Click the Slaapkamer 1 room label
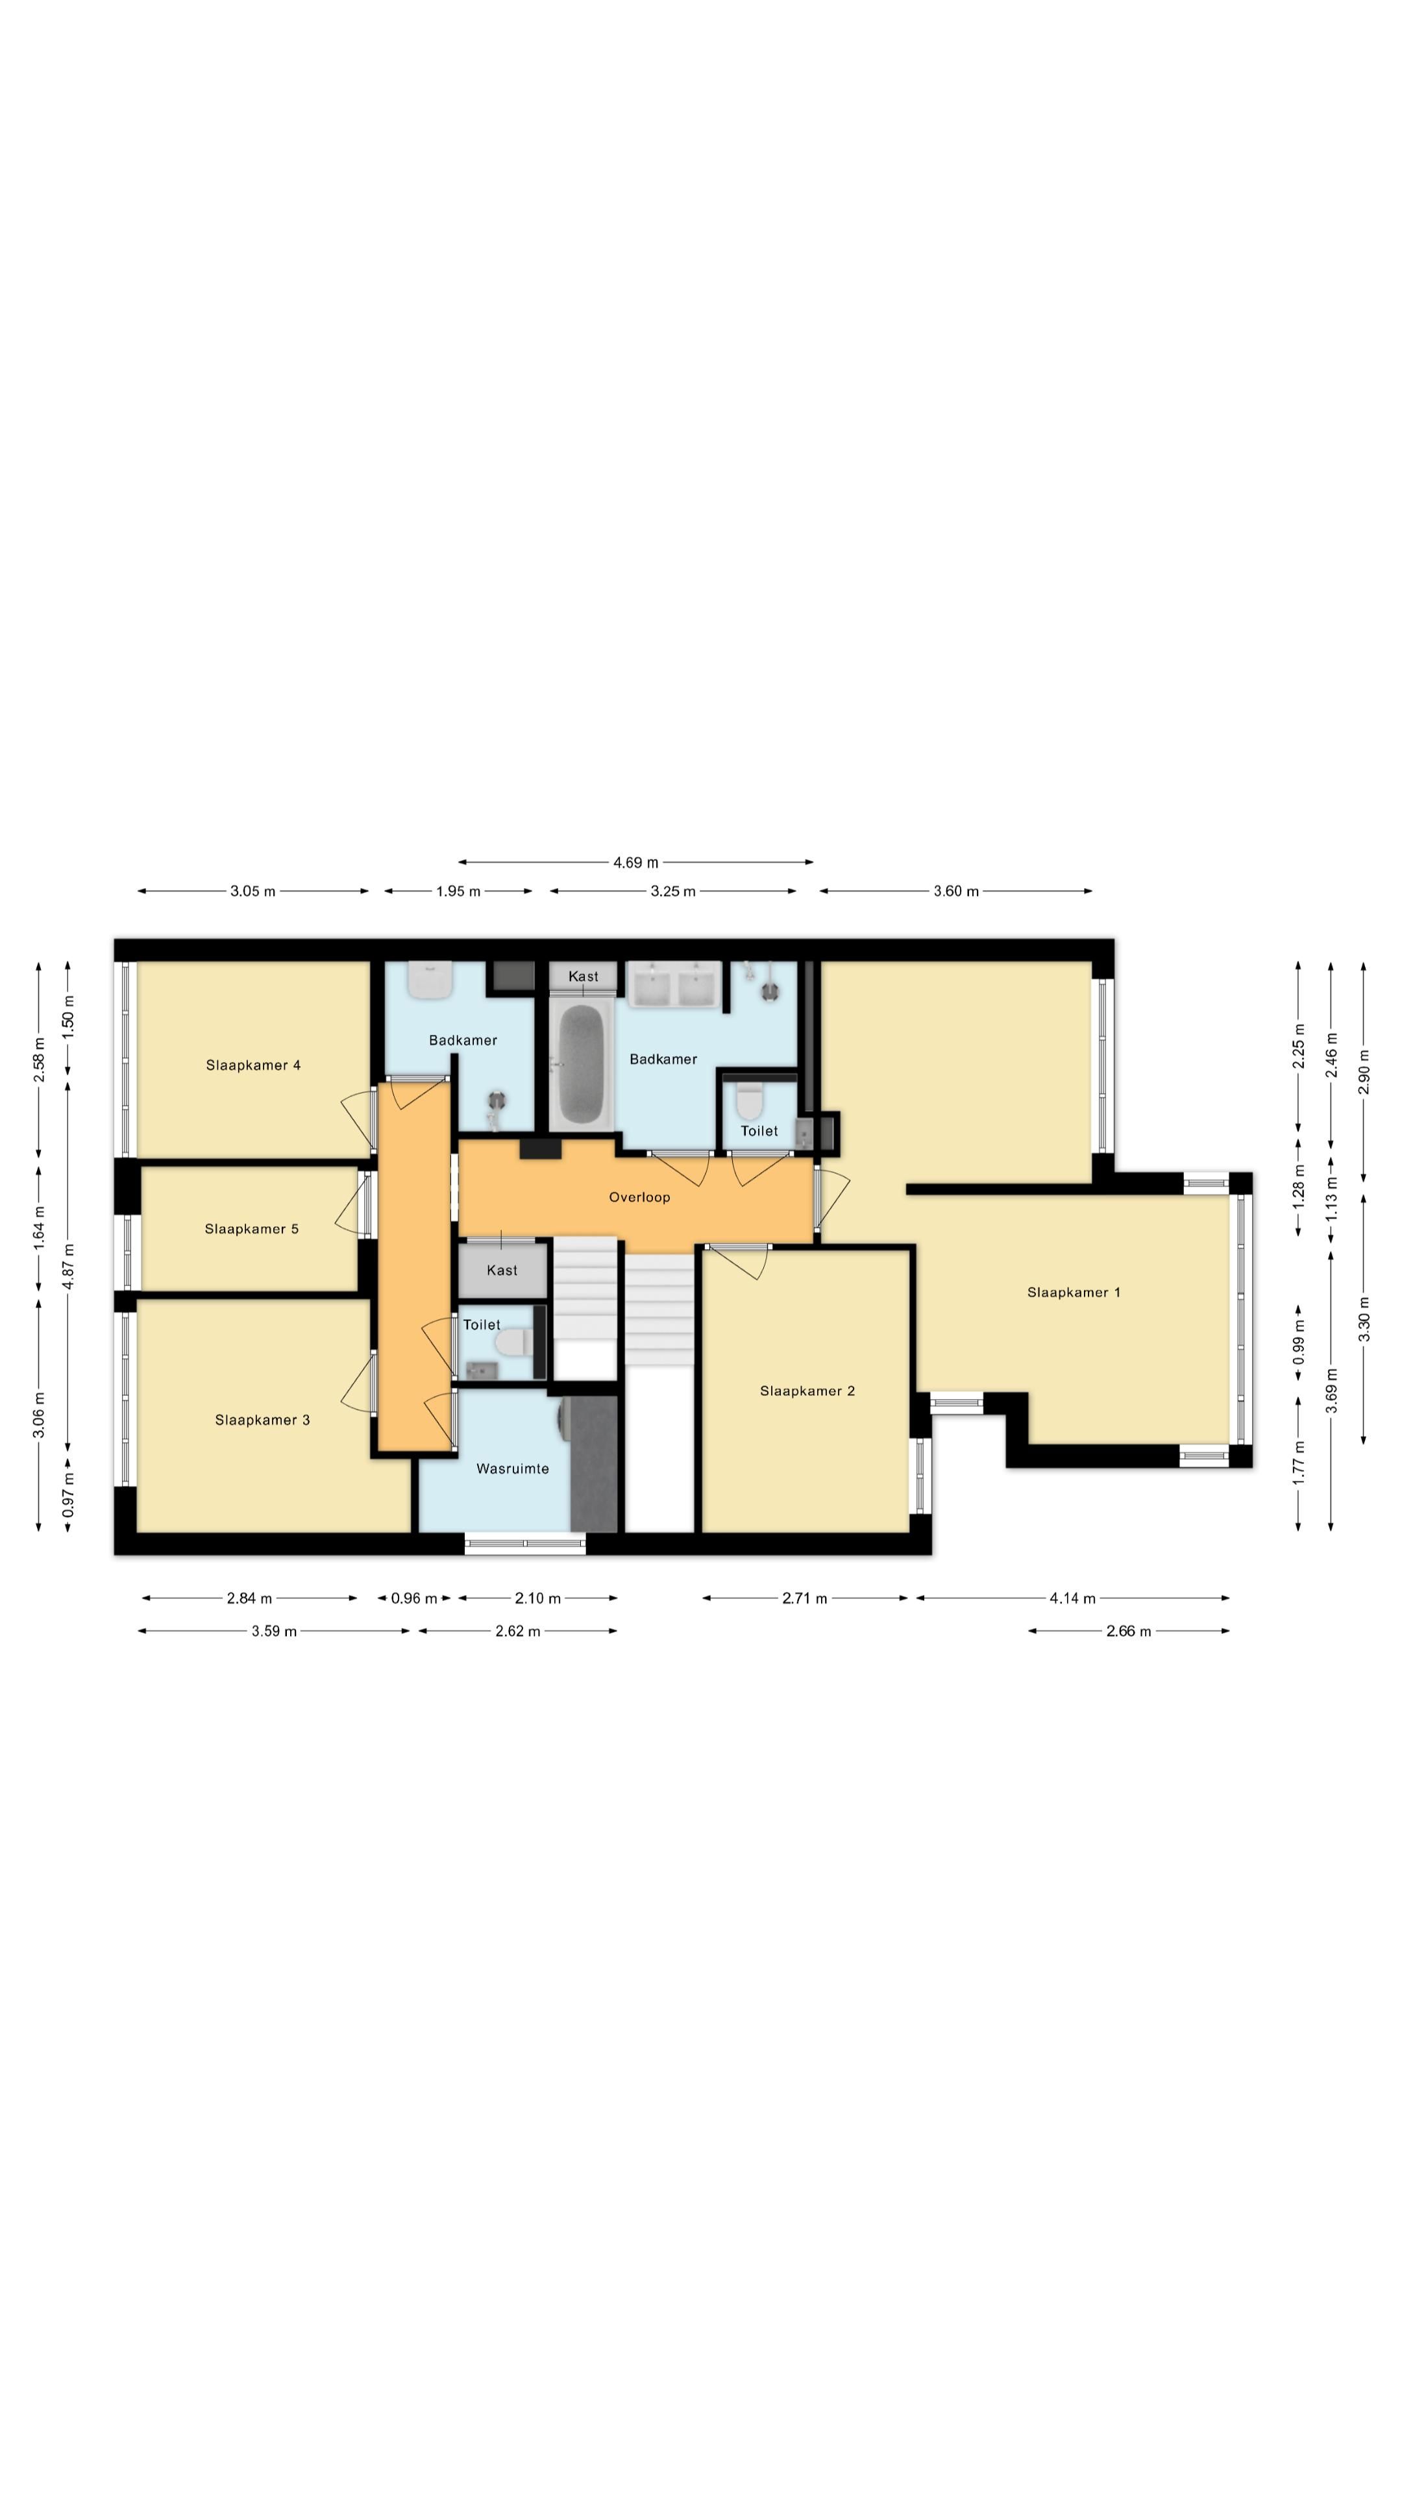tap(1073, 1292)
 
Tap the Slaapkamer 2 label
tap(807, 1391)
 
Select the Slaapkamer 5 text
tap(252, 1229)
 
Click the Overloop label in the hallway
tap(639, 1197)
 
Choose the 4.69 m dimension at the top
tap(635, 862)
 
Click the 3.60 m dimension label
tap(956, 891)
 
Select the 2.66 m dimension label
tap(1128, 1631)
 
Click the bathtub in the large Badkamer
tap(582, 1060)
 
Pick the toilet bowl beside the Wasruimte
tap(511, 1343)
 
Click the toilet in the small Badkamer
tap(430, 980)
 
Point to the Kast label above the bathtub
tap(584, 976)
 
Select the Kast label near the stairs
tap(502, 1271)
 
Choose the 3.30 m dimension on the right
tap(1364, 1319)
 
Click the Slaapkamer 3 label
tap(262, 1420)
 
